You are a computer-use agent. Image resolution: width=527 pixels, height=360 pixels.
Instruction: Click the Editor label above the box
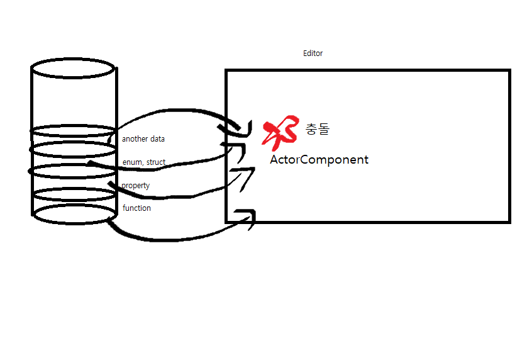pos(313,53)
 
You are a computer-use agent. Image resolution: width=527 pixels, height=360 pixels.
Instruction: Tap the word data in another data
pos(157,138)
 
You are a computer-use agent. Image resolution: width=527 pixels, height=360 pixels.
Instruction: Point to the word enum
pos(132,162)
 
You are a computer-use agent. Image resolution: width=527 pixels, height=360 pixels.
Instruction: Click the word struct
pos(156,162)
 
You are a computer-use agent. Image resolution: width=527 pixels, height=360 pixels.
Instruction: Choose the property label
pos(136,186)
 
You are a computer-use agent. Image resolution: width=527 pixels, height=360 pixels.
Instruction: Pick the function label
pos(136,208)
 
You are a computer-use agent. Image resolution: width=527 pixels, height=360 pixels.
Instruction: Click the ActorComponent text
pos(319,160)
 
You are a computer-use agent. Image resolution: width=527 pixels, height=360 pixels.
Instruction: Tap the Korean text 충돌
pos(317,130)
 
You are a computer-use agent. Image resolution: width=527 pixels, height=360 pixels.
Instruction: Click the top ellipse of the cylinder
pos(74,67)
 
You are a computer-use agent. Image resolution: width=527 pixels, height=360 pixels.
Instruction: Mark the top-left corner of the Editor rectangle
pos(227,71)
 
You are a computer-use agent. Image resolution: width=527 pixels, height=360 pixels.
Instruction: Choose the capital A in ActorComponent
pos(274,160)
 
